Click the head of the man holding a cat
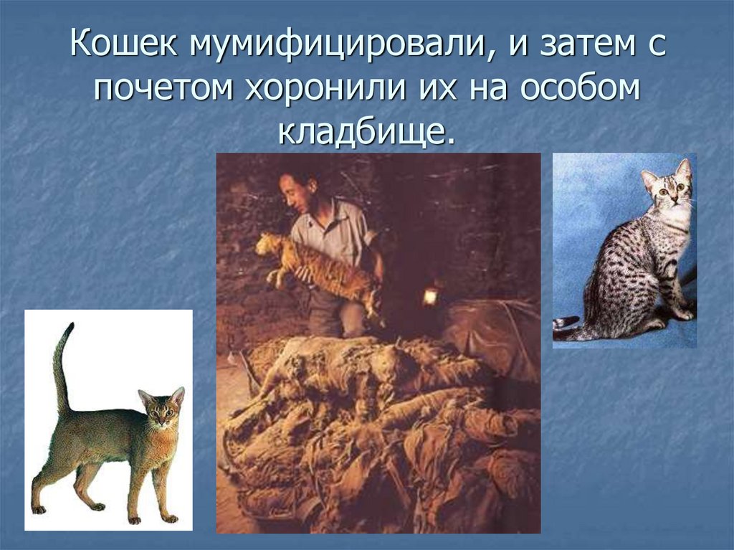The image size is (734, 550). click(297, 191)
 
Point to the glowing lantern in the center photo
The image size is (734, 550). click(430, 296)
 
